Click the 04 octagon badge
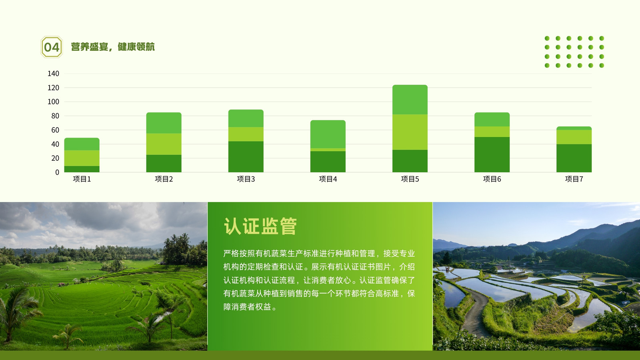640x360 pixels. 52,47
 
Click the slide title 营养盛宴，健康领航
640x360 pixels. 113,47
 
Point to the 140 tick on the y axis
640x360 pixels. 54,74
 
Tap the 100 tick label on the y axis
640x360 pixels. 54,102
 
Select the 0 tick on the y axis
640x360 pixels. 57,172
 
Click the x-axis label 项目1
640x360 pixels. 82,179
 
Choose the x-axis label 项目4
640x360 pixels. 328,179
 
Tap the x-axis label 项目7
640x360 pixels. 574,179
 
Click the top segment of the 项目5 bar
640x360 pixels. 410,100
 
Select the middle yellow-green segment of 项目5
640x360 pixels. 410,132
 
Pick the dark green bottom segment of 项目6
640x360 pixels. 492,154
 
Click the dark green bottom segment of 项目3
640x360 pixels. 246,157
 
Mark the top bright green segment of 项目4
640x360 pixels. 328,134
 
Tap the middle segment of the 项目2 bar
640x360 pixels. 164,144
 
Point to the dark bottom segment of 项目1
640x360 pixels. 82,169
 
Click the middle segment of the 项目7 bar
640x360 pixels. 574,137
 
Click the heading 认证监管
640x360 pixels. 260,226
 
